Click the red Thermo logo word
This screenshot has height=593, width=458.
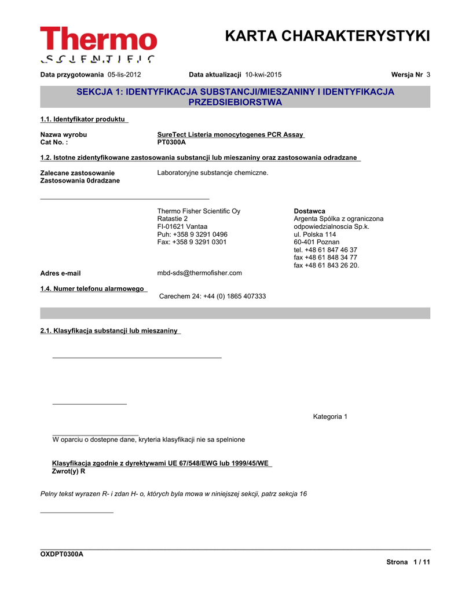(98, 39)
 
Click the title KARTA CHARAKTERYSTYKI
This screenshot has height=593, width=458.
(327, 36)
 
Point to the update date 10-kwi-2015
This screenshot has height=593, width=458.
(263, 75)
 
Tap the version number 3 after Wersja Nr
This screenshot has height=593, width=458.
(428, 75)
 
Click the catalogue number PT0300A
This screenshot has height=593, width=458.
(171, 142)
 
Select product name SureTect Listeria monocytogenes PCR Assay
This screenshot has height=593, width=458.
(230, 135)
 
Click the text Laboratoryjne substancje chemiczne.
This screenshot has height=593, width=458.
(212, 173)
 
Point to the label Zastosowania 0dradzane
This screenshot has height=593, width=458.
(80, 181)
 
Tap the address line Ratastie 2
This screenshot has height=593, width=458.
(173, 219)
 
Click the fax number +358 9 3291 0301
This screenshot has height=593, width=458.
(192, 242)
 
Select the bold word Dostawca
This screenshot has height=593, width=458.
(309, 211)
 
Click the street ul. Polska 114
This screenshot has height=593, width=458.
(314, 235)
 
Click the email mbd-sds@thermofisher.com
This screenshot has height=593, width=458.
(199, 273)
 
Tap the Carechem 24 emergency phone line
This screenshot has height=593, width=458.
(212, 296)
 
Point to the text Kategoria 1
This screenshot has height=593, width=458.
(330, 417)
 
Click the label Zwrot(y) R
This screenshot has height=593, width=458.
(69, 471)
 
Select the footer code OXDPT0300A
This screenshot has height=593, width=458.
(61, 554)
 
